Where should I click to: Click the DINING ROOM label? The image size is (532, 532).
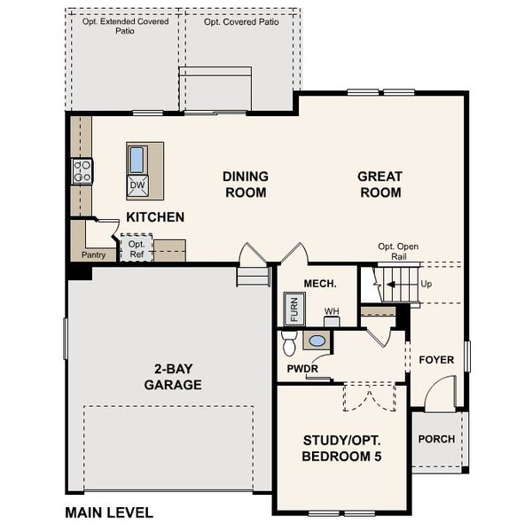(x=246, y=184)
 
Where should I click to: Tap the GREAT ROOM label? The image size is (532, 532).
(x=379, y=184)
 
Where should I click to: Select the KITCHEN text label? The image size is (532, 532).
(x=155, y=217)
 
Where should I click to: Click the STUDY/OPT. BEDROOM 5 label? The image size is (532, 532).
(x=342, y=448)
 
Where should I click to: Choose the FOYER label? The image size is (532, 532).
(x=436, y=360)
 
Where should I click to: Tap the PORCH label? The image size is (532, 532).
(x=436, y=439)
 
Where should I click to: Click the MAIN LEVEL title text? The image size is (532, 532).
(x=109, y=512)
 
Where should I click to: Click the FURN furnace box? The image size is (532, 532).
(x=294, y=311)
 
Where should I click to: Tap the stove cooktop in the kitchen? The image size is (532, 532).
(x=82, y=170)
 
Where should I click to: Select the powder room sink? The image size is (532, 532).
(x=316, y=340)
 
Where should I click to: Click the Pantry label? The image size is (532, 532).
(x=93, y=255)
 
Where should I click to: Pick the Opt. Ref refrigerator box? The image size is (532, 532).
(x=137, y=249)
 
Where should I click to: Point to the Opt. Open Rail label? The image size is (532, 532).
(x=398, y=252)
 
